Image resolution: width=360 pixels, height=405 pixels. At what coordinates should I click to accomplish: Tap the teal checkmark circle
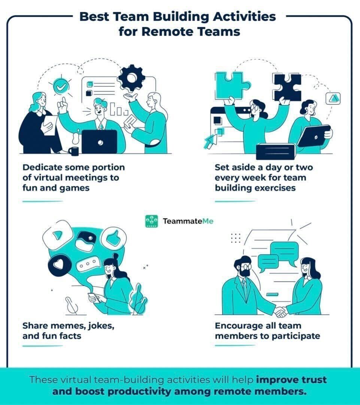coord(61,86)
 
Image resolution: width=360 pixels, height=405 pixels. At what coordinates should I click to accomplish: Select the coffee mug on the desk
coord(74,151)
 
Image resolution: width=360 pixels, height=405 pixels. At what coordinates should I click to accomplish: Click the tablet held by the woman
coord(314,136)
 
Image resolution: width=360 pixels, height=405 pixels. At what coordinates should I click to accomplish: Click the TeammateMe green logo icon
coord(151,221)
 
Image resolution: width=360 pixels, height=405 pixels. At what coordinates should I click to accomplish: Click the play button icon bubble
coord(57,235)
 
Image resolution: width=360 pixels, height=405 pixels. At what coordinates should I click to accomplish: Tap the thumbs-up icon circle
coord(114,238)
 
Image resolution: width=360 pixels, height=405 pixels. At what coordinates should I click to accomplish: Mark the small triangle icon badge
coord(333,98)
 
